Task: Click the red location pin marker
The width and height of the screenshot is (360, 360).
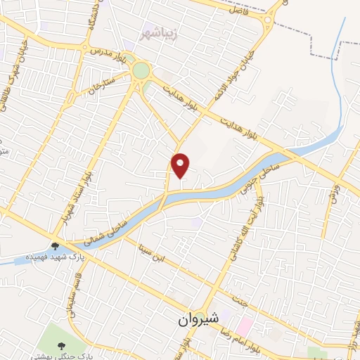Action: coord(181,165)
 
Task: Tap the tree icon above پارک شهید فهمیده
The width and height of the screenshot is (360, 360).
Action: coord(55,245)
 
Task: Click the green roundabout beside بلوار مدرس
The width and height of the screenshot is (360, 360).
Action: coord(141,70)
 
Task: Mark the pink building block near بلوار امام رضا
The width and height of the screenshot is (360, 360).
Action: coord(245,326)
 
